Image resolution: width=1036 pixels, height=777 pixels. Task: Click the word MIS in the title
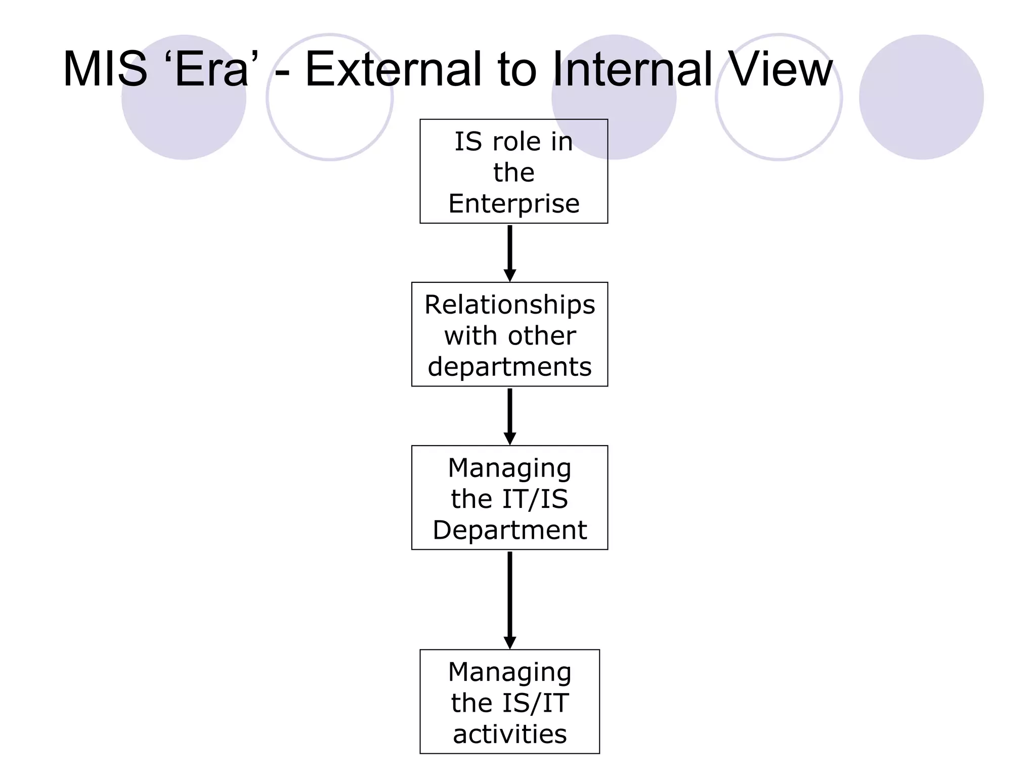pyautogui.click(x=105, y=69)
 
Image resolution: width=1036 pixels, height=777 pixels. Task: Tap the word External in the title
pyautogui.click(x=393, y=69)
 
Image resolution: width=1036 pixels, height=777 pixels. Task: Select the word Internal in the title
pyautogui.click(x=632, y=69)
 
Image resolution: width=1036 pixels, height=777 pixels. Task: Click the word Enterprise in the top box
pyautogui.click(x=513, y=204)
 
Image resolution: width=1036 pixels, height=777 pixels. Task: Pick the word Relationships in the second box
pyautogui.click(x=509, y=305)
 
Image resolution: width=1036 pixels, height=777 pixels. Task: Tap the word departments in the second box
pyautogui.click(x=509, y=367)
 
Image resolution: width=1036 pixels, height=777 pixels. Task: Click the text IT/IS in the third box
pyautogui.click(x=535, y=499)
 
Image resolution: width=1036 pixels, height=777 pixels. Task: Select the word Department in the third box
pyautogui.click(x=509, y=530)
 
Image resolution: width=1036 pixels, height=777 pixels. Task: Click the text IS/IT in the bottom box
pyautogui.click(x=535, y=703)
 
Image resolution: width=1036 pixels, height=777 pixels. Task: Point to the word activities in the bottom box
pyautogui.click(x=509, y=734)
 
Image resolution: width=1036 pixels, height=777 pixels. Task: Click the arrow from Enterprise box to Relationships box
pyautogui.click(x=510, y=252)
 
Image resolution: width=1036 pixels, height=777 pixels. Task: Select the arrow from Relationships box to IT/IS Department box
pyautogui.click(x=510, y=416)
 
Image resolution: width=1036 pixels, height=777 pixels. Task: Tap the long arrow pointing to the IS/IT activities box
pyautogui.click(x=510, y=599)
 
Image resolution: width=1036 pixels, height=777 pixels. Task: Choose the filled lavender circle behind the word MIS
pyautogui.click(x=184, y=126)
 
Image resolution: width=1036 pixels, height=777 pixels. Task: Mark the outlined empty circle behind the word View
pyautogui.click(x=779, y=126)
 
